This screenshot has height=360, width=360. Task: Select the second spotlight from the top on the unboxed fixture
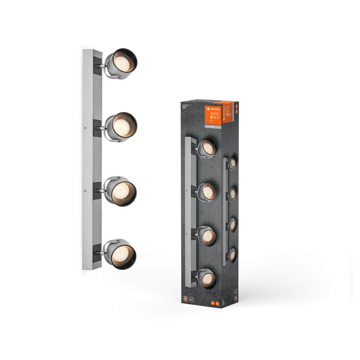(122, 127)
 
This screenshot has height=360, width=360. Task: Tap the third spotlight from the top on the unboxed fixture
(121, 191)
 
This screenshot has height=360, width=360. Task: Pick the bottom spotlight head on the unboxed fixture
(121, 254)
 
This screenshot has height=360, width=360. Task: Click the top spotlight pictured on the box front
(207, 148)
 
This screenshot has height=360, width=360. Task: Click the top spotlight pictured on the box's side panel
(232, 163)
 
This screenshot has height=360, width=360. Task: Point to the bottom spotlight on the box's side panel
(232, 255)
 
